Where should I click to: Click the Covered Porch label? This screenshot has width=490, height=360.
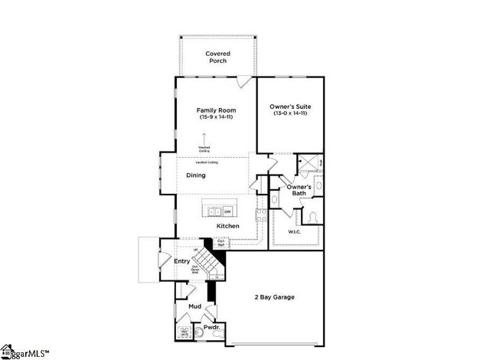click(x=217, y=57)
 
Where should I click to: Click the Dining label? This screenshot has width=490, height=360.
click(x=196, y=175)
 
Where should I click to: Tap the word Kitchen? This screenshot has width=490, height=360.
click(x=227, y=226)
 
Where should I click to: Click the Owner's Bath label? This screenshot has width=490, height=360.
click(x=299, y=190)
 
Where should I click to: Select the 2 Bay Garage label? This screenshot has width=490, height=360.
click(x=274, y=297)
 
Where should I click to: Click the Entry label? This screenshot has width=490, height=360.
click(x=181, y=262)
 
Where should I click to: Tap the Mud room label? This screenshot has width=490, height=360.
click(x=194, y=306)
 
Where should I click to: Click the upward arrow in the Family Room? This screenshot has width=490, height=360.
click(x=204, y=139)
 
